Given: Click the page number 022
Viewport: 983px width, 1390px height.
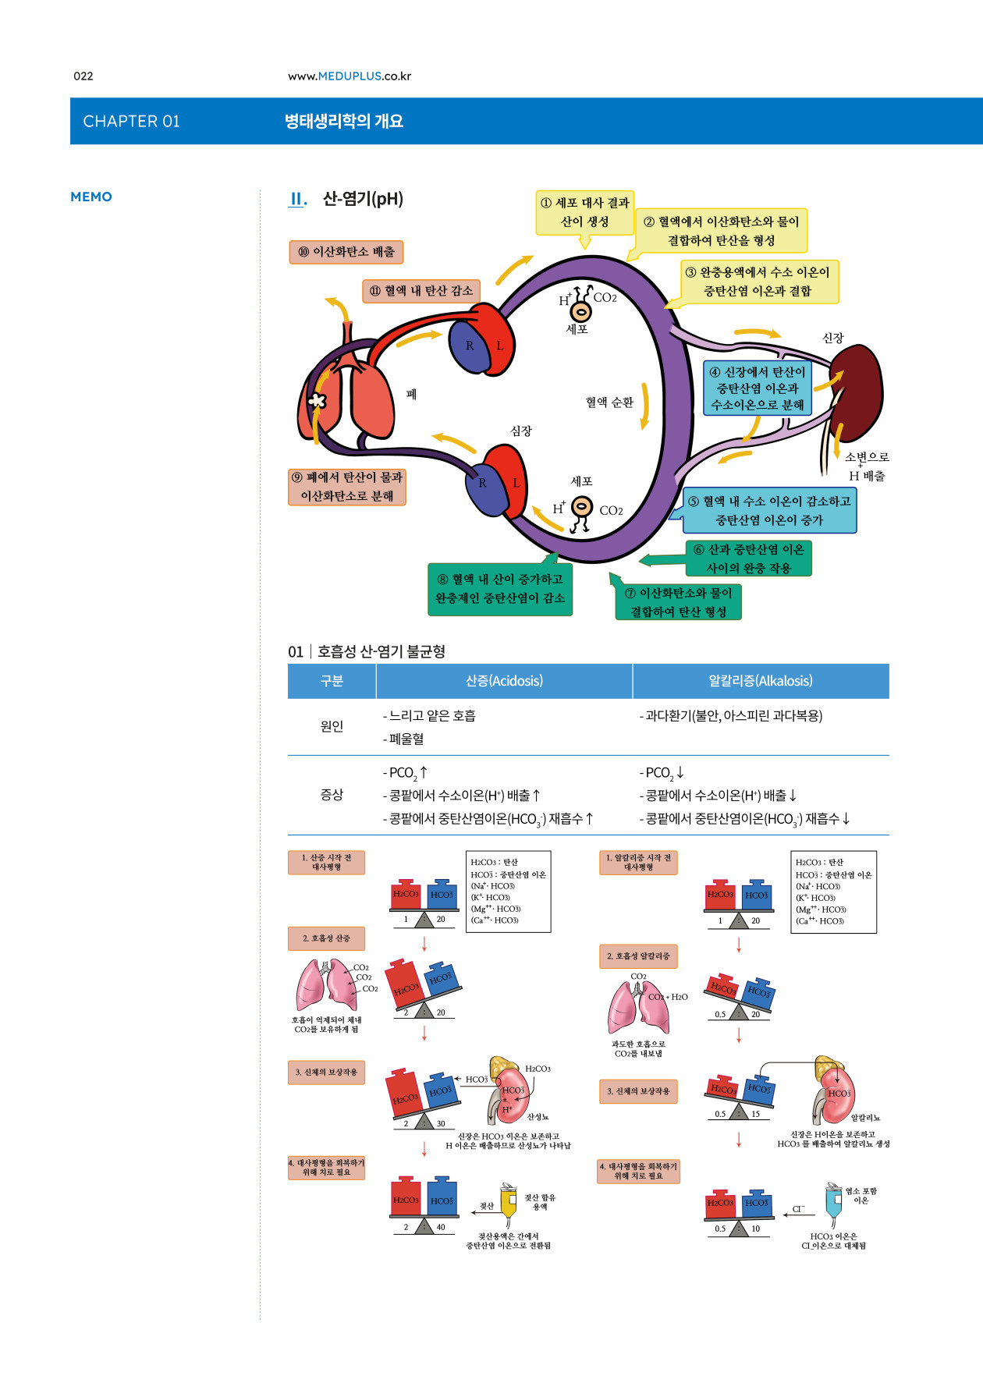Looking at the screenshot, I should click(83, 76).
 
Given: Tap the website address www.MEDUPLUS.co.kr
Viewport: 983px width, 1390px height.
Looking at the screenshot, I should click(349, 76).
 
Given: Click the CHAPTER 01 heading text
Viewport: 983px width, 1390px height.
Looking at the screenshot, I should click(131, 121).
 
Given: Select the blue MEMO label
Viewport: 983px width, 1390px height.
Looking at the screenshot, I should click(91, 197).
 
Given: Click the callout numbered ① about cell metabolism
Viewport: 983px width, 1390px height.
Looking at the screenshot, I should click(584, 212).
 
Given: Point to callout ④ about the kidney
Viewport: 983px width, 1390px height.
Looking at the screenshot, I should click(758, 388).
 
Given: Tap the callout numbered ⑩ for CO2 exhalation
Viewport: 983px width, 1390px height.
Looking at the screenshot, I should click(346, 252).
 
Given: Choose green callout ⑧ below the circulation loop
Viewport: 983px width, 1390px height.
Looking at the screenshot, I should click(500, 589).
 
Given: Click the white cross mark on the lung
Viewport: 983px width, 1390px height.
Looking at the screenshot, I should click(317, 401).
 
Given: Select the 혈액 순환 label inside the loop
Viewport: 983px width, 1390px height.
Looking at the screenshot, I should click(609, 402).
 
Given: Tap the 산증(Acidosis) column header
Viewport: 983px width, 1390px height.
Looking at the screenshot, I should click(504, 681).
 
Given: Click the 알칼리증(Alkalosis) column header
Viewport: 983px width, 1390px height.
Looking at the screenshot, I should click(761, 681).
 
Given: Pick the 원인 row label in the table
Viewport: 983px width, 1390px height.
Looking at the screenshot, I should click(332, 726).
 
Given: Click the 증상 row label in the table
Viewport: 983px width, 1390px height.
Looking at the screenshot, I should click(332, 795).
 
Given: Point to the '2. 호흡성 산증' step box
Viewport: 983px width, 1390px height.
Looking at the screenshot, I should click(326, 938).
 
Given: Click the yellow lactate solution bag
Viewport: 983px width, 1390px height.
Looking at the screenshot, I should click(508, 1203).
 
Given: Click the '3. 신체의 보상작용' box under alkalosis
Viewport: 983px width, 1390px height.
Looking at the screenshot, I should click(638, 1091).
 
